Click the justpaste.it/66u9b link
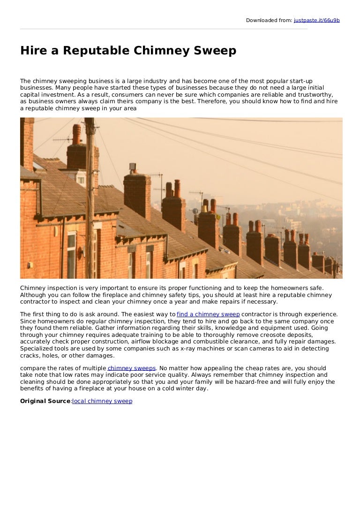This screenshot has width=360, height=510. [x=316, y=20]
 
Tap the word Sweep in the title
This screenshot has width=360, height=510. [x=216, y=51]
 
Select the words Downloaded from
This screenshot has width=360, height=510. [x=269, y=20]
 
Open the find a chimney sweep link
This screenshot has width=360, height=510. [x=208, y=314]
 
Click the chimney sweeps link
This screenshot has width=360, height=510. [x=131, y=368]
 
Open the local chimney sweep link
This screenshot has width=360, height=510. [x=102, y=401]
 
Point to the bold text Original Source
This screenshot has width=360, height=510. [x=45, y=401]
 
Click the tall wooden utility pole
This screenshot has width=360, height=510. [x=89, y=197]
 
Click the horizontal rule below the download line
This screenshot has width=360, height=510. [x=164, y=29]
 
